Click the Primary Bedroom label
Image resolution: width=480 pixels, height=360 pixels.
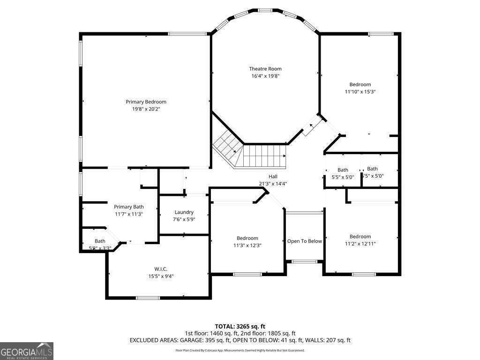click(146, 102)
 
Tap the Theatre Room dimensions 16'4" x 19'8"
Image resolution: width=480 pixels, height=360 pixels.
click(265, 76)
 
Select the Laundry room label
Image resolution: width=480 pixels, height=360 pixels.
click(184, 212)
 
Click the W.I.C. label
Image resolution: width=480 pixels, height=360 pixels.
click(161, 269)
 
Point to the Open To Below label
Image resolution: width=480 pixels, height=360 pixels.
click(304, 241)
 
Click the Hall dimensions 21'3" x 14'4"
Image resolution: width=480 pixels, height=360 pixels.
click(273, 184)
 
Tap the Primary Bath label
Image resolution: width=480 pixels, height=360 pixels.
click(129, 206)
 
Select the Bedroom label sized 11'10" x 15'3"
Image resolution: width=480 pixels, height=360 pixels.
click(360, 84)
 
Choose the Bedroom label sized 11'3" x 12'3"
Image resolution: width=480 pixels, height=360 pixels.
click(247, 238)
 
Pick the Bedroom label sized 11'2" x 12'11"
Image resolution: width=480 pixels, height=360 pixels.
click(360, 236)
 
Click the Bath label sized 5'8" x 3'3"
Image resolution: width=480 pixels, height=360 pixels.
click(100, 241)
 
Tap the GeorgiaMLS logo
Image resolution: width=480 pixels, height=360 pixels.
click(27, 351)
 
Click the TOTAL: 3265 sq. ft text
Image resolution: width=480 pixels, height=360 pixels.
click(240, 326)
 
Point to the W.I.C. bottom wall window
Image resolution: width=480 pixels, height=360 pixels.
click(148, 298)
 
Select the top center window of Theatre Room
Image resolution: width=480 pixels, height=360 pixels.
click(265, 10)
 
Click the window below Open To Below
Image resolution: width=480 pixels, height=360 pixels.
click(304, 262)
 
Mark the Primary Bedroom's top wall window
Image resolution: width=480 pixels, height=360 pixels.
click(187, 33)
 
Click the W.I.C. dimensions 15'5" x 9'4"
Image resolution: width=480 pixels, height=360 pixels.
click(161, 276)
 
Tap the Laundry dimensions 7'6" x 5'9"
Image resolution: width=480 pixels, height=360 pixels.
click(184, 219)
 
